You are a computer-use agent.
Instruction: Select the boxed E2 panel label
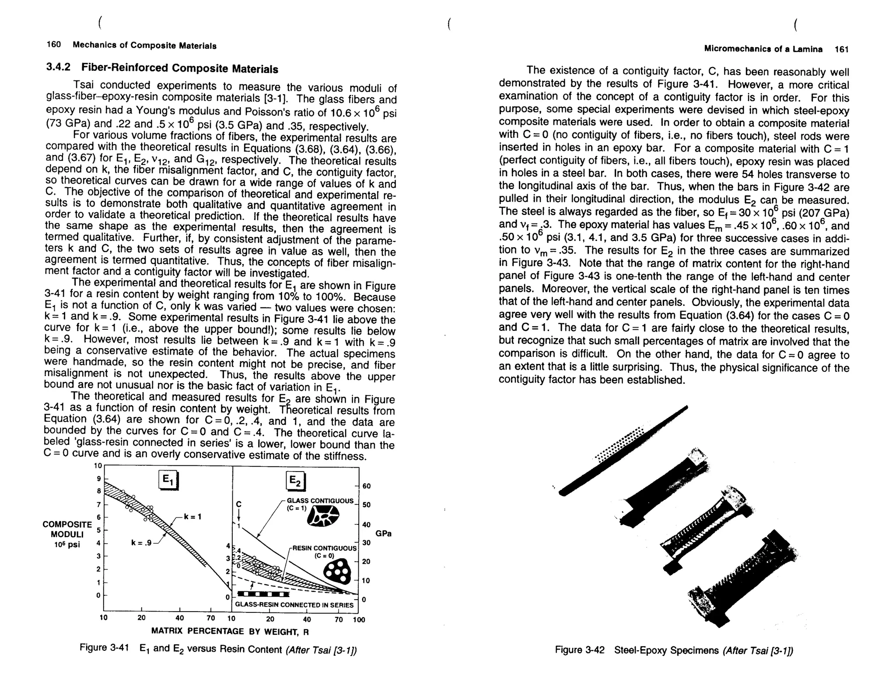click(295, 482)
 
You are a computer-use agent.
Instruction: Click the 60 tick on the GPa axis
click(367, 486)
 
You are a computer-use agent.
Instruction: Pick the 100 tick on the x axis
click(359, 619)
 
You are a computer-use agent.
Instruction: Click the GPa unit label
click(383, 534)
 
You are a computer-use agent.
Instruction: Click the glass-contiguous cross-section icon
click(323, 516)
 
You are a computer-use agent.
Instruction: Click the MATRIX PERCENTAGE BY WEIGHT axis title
click(230, 631)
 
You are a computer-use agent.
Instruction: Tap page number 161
click(841, 49)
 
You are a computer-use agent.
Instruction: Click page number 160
click(53, 45)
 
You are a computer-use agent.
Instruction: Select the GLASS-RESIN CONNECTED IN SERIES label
click(294, 605)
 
